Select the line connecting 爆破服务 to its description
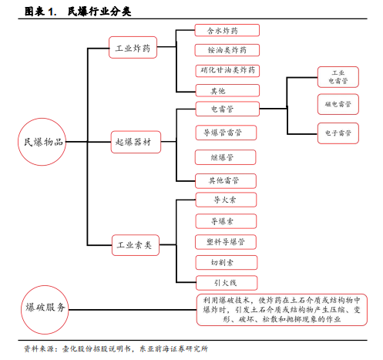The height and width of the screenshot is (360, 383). [x=133, y=310]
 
